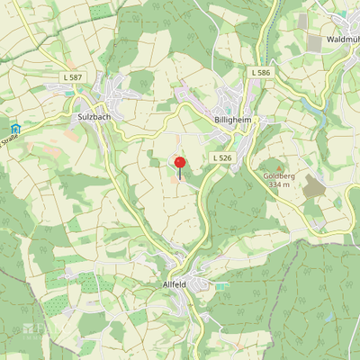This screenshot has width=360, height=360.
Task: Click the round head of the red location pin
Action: point(179,162)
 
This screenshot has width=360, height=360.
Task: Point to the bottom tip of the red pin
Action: point(179,178)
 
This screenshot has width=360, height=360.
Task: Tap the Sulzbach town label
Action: point(94,117)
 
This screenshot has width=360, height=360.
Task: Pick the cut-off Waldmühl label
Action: point(342,40)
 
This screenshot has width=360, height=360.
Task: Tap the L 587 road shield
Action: point(74,79)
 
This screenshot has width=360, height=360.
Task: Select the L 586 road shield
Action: point(261,72)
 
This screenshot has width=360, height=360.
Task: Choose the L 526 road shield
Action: point(220,157)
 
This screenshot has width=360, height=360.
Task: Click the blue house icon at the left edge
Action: point(14,129)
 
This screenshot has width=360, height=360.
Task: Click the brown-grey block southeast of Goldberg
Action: point(313,186)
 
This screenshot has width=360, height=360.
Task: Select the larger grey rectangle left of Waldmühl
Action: point(314,43)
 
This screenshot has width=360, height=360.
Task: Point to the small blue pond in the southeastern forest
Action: point(329,317)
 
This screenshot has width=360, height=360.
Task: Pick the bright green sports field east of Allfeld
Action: point(221,285)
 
